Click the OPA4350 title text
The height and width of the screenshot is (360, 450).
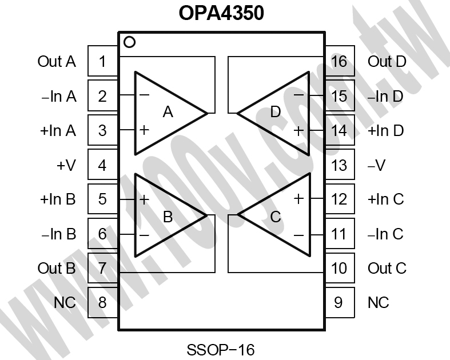[x=221, y=13]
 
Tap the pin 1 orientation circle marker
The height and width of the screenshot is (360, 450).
[x=129, y=42]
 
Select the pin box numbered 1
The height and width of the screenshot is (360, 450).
[x=103, y=61]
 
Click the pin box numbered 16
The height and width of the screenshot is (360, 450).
[x=340, y=61]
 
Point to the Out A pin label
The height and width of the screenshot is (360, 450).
[x=57, y=61]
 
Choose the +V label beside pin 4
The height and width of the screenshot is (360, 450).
[x=66, y=165]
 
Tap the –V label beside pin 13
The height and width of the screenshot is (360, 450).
[x=377, y=165]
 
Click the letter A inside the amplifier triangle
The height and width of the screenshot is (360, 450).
[x=168, y=112]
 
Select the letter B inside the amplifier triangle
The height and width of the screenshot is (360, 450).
[x=168, y=217]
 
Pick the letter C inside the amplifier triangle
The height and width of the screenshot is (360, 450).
[x=276, y=217]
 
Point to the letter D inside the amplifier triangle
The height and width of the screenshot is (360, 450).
[x=276, y=112]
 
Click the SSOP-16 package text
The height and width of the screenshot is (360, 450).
[x=221, y=350]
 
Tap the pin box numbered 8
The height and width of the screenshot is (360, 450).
[x=103, y=302]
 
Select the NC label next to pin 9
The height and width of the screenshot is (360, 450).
[x=379, y=303]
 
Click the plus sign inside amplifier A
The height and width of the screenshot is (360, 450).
[x=144, y=130]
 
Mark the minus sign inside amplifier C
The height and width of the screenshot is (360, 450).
[x=298, y=235]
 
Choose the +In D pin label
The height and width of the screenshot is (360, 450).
[x=386, y=130]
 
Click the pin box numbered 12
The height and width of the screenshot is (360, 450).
[x=340, y=199]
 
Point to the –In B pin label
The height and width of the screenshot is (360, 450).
[x=58, y=234]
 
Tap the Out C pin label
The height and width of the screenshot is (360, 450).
[x=387, y=269]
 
